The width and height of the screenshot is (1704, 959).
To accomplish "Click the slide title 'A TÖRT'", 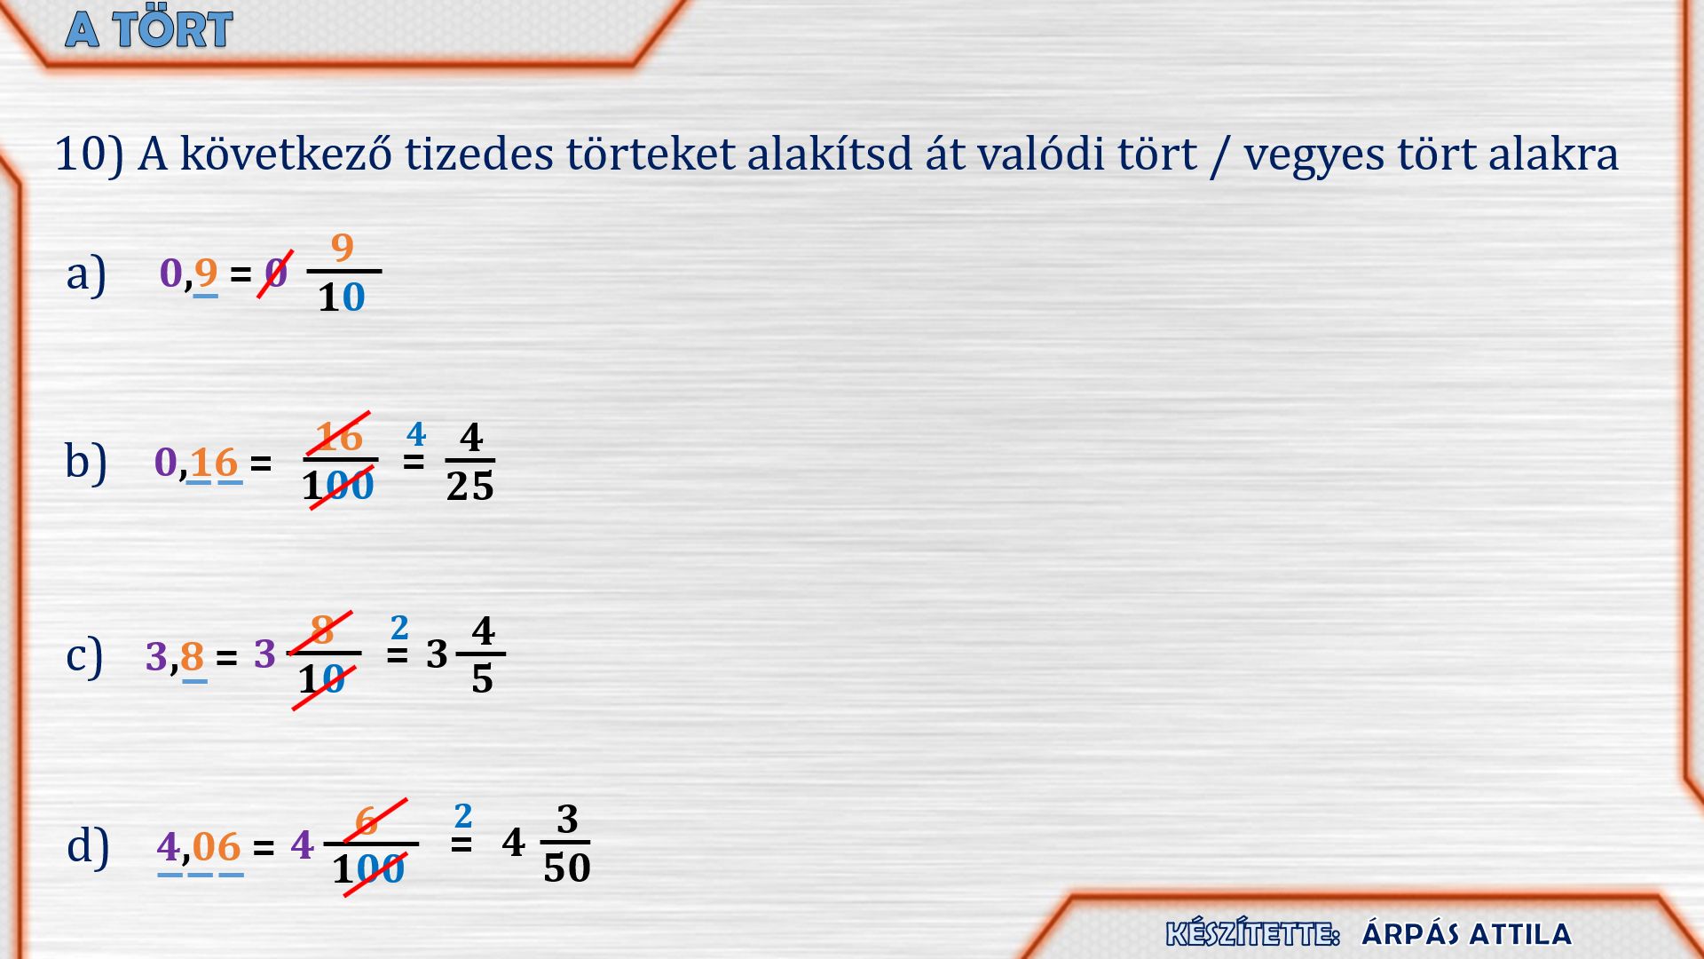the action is click(x=149, y=29).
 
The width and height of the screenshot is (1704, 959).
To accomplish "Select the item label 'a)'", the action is click(x=86, y=273).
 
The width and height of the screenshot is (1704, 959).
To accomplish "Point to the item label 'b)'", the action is click(x=86, y=462).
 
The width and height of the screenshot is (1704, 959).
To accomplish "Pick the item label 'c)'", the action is click(x=84, y=656).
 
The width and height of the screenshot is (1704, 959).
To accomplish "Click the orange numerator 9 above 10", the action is click(x=342, y=247).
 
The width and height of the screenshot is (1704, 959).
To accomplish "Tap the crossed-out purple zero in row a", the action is click(x=276, y=273).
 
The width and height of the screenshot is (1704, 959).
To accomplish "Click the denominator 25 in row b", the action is click(x=470, y=487).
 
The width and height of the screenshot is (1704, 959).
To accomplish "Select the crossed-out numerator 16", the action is click(x=339, y=437).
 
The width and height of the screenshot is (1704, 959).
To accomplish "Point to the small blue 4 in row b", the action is click(x=416, y=434).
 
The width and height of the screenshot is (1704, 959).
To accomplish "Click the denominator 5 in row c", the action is click(x=482, y=679).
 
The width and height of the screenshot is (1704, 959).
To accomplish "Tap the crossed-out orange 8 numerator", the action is click(x=322, y=631).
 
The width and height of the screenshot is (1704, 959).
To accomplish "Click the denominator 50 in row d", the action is click(x=567, y=868).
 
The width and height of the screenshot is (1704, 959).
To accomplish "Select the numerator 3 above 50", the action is click(x=567, y=819).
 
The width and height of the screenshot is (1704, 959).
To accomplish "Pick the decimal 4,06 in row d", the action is click(x=199, y=846).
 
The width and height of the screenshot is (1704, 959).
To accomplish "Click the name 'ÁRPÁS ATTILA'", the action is click(x=1466, y=934).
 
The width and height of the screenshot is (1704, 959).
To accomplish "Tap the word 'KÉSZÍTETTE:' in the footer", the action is click(x=1252, y=933).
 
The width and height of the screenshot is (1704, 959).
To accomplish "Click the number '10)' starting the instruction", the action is click(x=89, y=155).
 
